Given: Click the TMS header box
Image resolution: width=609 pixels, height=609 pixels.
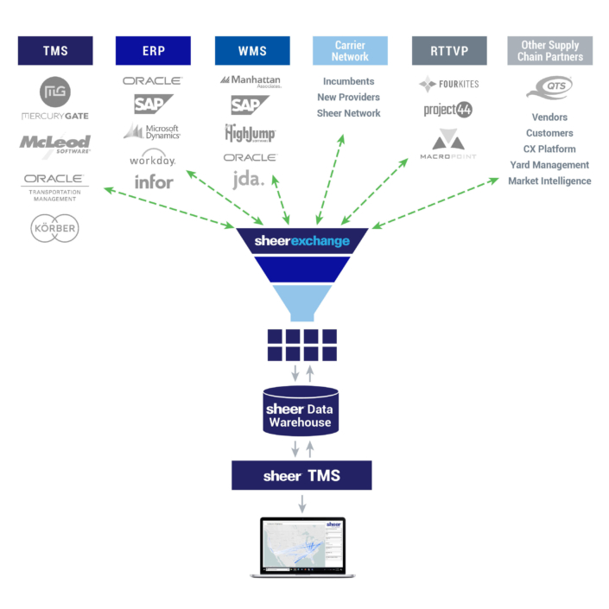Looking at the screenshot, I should click(55, 51).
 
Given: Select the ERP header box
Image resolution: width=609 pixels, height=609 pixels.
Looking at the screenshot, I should click(153, 51).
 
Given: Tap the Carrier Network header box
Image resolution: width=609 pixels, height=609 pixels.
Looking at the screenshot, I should click(350, 51).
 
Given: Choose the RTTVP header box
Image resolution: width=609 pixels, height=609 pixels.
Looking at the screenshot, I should click(448, 51).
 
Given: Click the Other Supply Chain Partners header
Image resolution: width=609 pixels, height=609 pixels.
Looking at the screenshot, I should click(550, 51).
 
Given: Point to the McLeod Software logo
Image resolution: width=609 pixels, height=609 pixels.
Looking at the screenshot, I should click(55, 145).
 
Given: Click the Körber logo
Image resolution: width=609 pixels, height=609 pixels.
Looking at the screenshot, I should click(55, 229).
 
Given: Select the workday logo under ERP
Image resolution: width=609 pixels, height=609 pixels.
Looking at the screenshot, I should click(153, 159).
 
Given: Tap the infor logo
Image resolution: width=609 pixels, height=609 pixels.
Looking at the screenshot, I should click(153, 181).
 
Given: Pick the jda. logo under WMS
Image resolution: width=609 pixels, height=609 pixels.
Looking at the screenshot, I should click(250, 180).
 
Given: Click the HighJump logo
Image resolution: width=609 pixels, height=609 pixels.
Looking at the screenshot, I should click(250, 133).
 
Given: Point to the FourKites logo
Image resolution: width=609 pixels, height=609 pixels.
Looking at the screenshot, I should click(448, 85).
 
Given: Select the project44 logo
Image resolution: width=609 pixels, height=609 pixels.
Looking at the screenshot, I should click(448, 110).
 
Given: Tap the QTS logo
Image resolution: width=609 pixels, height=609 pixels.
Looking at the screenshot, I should click(549, 88).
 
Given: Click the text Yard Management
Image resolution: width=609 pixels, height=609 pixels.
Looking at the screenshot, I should click(549, 165).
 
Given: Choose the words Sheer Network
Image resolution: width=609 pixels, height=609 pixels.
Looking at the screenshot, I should click(349, 113).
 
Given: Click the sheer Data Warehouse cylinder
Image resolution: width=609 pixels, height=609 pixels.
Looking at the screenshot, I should click(301, 410).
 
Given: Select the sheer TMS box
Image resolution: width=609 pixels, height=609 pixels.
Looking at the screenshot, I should click(301, 476).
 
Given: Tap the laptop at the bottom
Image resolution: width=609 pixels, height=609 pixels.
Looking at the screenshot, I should click(300, 548).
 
